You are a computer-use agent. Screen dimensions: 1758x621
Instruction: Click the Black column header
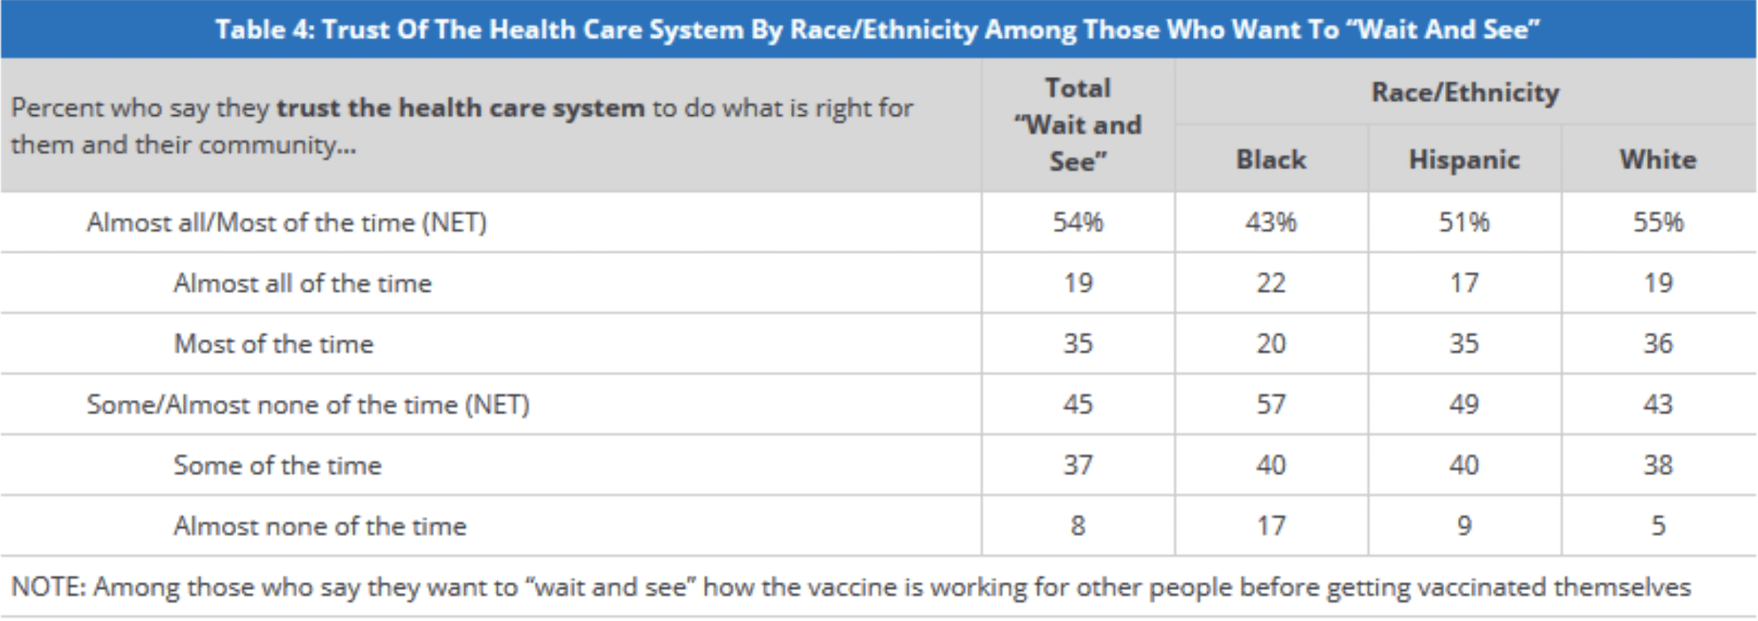tap(1271, 159)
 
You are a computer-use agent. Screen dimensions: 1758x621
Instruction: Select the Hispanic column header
tap(1464, 160)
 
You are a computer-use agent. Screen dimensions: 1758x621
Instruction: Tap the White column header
tap(1658, 159)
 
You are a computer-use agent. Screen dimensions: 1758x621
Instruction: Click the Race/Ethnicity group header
tap(1465, 92)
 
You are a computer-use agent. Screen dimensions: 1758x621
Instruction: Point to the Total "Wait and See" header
tap(1077, 125)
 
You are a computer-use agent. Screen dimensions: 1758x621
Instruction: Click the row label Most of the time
tap(274, 344)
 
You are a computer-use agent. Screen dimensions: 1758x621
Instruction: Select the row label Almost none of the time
tap(320, 526)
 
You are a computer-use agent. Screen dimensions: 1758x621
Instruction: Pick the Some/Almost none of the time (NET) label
tap(308, 405)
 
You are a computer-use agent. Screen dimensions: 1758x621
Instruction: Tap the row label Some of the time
tap(277, 465)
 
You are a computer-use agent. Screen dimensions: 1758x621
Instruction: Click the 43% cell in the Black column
tap(1271, 222)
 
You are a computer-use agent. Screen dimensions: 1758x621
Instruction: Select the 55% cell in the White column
tap(1658, 222)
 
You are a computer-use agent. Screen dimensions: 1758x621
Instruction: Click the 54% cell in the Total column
tap(1077, 222)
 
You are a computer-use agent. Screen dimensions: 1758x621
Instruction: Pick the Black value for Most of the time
tap(1271, 344)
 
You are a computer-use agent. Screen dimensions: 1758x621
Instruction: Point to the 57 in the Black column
tap(1271, 404)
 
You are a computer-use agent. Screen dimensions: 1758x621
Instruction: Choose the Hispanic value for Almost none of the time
tap(1464, 526)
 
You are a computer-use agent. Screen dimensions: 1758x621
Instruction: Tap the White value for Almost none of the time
tap(1658, 526)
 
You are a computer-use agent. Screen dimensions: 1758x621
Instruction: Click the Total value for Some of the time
tap(1077, 465)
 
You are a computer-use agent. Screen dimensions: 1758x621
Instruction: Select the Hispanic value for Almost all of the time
tap(1464, 283)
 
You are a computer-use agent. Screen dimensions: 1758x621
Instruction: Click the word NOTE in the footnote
tap(47, 587)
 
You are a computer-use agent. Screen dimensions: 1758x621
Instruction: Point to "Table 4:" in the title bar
tap(264, 30)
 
